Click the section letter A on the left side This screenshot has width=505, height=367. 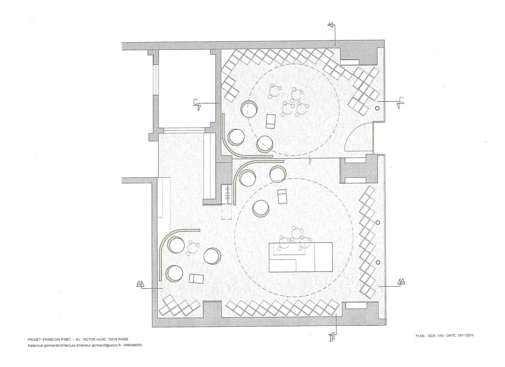click(x=139, y=284)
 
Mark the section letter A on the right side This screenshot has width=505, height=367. click(x=403, y=281)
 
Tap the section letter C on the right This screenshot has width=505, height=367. click(x=401, y=100)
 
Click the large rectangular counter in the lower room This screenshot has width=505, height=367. click(x=301, y=257)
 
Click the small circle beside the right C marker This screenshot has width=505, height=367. click(x=377, y=108)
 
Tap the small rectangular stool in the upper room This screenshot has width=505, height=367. click(x=271, y=121)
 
